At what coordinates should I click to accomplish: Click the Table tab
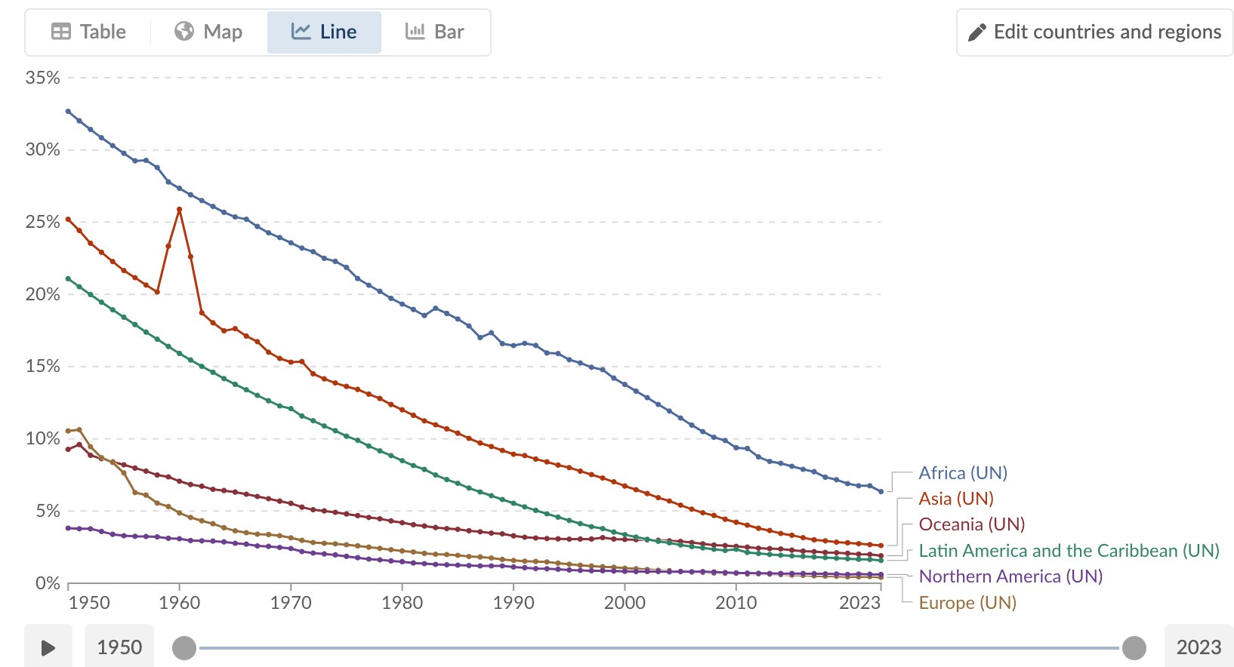(x=88, y=32)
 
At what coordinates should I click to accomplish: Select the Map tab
(x=208, y=32)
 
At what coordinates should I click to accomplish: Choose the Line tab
(x=324, y=32)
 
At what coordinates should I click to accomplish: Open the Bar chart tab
(x=435, y=32)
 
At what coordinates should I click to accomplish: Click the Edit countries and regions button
(x=1094, y=32)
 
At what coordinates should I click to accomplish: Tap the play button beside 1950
(x=48, y=647)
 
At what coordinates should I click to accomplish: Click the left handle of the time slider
(x=184, y=647)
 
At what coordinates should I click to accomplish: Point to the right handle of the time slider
(x=1134, y=647)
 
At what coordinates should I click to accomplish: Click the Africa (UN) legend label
(x=963, y=473)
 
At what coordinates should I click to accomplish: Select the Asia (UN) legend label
(x=955, y=499)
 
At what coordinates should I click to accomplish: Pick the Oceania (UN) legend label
(x=971, y=524)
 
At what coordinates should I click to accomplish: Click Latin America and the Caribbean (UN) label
(x=1069, y=551)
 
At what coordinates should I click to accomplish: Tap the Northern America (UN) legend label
(x=1010, y=576)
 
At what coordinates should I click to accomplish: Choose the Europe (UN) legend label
(x=967, y=603)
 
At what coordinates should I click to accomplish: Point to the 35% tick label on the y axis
(x=42, y=78)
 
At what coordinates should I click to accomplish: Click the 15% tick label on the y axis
(x=42, y=366)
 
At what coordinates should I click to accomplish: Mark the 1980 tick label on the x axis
(x=402, y=603)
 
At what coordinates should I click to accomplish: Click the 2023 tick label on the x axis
(x=859, y=603)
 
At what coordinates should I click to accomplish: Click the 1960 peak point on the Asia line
(x=179, y=209)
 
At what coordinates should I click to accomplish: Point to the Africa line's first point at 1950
(x=68, y=111)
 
